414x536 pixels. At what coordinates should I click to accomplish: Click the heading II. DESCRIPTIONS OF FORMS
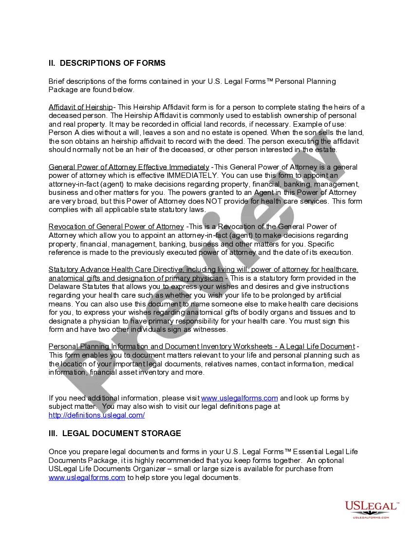107,63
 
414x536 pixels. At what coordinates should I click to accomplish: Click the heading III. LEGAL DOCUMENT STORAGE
114,433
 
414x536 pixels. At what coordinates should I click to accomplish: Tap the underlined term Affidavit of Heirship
80,107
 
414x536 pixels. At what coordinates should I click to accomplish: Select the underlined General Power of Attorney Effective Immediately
129,167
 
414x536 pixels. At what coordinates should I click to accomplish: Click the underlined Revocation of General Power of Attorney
116,227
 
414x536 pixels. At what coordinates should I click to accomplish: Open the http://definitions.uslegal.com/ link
96,415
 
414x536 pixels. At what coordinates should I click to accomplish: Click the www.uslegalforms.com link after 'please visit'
239,398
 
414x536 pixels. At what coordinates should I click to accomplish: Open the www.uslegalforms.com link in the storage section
87,478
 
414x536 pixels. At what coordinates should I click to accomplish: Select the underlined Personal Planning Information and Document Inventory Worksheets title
160,346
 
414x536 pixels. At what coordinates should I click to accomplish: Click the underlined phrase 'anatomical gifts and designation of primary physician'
136,278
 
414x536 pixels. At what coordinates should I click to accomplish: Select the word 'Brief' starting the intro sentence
57,81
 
